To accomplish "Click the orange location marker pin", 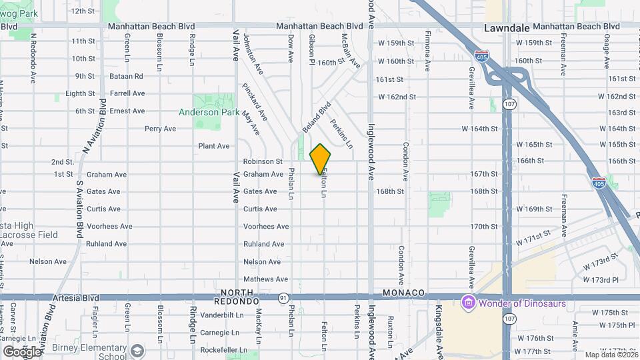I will (321, 159).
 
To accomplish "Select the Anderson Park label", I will (209, 113).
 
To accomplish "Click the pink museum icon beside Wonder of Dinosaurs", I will (469, 303).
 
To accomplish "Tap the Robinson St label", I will (263, 161).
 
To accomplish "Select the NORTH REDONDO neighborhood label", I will (237, 297).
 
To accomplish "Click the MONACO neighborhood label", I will (404, 293).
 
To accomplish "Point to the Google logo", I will (22, 351).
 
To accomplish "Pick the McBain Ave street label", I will (351, 51).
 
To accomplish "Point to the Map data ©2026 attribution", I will (611, 355).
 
